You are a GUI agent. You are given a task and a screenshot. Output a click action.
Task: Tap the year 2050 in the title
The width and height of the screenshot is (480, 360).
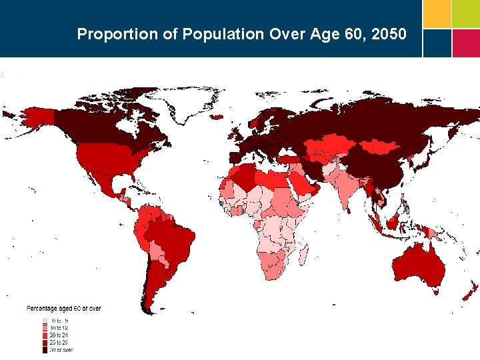[x=387, y=34]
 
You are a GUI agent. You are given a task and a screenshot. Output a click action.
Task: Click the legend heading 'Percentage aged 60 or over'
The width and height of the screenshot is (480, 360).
[x=63, y=309]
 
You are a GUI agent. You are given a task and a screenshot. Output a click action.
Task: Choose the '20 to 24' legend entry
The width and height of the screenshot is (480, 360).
[x=59, y=335]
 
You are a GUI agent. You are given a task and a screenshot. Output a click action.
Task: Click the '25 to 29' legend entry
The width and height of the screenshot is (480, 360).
[x=59, y=342]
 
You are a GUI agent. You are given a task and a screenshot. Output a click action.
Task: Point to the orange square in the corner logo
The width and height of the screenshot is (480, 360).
[x=436, y=13]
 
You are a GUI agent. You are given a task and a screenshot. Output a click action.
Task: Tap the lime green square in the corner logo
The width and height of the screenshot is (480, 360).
[x=466, y=13]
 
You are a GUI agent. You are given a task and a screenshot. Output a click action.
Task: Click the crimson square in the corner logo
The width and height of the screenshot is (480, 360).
[x=466, y=43]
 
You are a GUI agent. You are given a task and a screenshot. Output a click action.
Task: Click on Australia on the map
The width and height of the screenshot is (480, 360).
[x=418, y=263]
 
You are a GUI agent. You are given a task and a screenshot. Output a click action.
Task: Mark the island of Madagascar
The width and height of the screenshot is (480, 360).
[x=304, y=255]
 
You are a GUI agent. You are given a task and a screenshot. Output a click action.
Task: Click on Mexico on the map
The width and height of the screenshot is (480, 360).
[x=100, y=180]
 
